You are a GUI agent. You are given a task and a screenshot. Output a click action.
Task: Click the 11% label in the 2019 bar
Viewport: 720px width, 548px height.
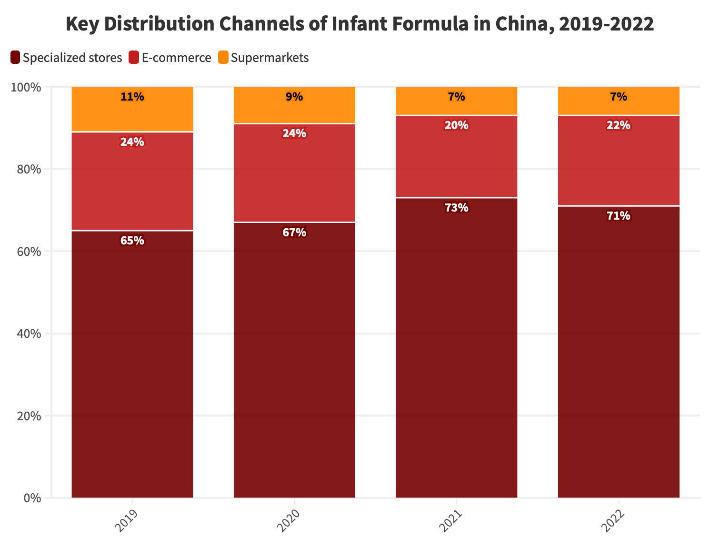coord(132,97)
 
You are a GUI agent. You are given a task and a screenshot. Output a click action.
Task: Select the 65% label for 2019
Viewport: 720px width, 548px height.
coord(132,241)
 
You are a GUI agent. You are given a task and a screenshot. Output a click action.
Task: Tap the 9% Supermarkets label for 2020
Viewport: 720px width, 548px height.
coord(294,97)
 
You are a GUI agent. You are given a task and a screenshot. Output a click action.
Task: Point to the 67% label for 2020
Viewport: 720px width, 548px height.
coord(294,233)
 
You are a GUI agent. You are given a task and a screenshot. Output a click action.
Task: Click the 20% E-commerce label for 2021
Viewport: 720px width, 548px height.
coord(456,126)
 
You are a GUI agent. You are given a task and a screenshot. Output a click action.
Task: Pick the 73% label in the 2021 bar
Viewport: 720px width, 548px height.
coord(456,208)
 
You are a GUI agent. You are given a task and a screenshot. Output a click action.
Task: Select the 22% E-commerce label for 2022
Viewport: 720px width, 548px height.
coord(618,126)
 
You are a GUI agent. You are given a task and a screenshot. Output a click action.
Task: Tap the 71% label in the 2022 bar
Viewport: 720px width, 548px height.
coord(618,216)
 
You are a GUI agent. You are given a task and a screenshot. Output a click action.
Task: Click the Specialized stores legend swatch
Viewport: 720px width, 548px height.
coord(15,58)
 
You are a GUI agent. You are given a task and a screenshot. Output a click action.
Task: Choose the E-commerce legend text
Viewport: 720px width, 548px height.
coord(176,58)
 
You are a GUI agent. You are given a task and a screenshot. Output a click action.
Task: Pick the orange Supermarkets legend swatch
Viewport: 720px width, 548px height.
coord(223,58)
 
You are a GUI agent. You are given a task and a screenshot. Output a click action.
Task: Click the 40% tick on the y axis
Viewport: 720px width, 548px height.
coord(31,334)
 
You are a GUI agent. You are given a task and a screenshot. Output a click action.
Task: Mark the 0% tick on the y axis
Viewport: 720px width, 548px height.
coord(34,498)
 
